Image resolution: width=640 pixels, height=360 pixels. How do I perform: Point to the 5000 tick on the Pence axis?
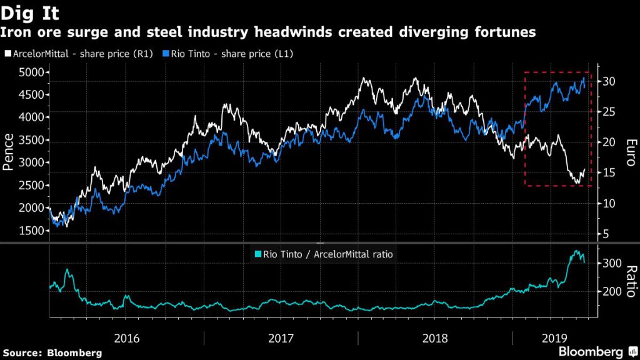point(31,72)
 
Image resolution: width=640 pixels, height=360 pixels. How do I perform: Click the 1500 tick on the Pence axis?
point(31,231)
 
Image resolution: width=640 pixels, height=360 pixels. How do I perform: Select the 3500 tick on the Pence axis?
point(31,140)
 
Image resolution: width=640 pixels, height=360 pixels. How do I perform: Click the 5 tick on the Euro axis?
point(605,234)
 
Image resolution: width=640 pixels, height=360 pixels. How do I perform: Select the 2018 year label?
point(435,337)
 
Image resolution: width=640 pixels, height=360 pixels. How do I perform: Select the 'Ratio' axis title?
point(631,281)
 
